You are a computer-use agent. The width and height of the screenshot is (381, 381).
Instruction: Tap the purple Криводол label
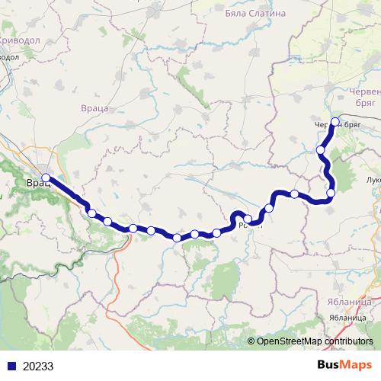click(x=22, y=40)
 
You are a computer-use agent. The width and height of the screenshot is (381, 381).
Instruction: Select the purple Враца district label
click(x=95, y=109)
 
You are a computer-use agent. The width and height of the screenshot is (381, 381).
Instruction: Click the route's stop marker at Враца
click(x=46, y=178)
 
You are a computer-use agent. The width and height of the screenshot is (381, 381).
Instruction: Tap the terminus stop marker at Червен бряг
click(x=335, y=120)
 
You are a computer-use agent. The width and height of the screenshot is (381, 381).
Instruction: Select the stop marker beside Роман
click(x=248, y=219)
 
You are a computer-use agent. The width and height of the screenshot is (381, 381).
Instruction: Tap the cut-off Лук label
click(x=373, y=181)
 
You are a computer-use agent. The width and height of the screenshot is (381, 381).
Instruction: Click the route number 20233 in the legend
click(x=37, y=366)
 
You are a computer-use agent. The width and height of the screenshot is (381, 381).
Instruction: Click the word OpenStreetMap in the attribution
click(x=287, y=341)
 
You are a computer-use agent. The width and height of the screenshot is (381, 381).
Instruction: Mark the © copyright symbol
click(x=251, y=341)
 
